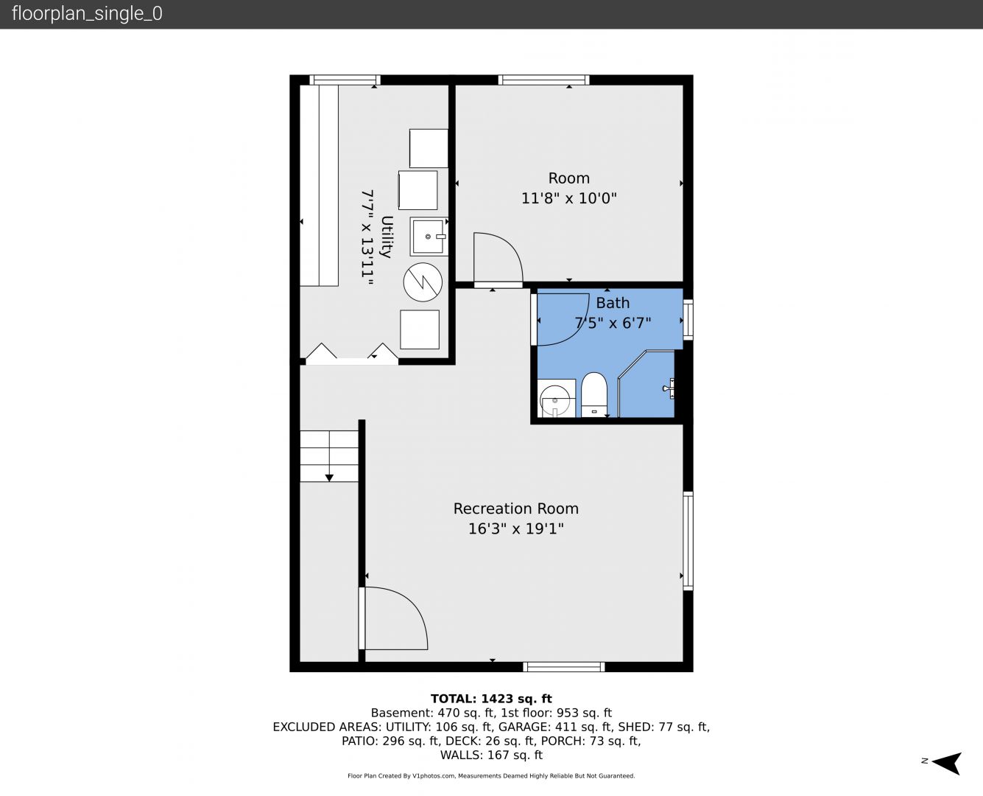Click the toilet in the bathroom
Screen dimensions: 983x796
593,394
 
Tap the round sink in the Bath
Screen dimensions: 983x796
554,400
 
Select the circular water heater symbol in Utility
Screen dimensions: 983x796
423,282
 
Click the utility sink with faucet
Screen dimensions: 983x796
429,237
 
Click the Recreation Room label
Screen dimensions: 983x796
516,508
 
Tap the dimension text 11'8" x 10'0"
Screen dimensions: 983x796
568,198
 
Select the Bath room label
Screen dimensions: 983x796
613,303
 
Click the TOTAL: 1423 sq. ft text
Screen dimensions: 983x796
491,699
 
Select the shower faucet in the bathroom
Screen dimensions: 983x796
669,388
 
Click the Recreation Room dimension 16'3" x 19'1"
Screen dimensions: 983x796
516,528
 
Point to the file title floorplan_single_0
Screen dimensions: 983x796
87,13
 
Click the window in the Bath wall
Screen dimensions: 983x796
688,320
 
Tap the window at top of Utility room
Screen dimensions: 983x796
345,80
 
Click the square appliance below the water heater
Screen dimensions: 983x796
420,329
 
